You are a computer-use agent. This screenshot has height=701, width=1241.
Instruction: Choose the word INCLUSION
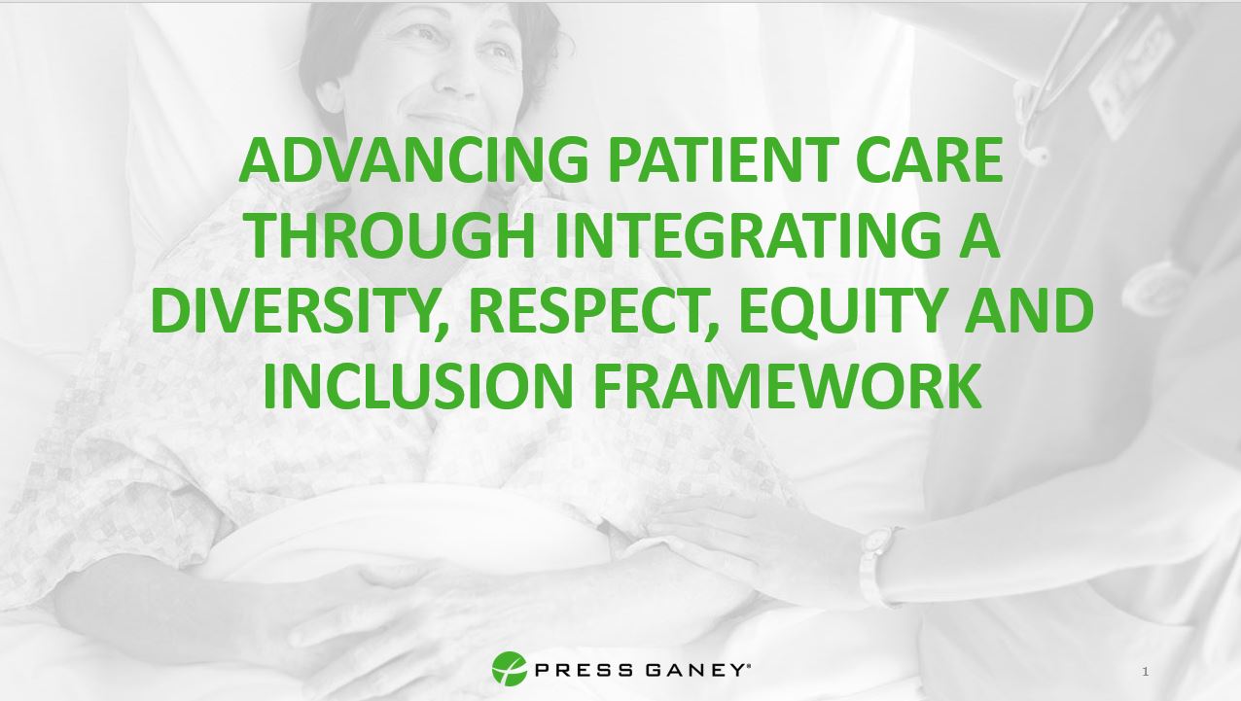415,386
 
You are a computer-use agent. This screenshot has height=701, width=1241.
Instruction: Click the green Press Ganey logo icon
509,669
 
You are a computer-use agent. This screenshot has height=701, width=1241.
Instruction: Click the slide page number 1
1146,672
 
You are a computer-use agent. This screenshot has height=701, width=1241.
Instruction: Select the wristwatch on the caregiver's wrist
876,564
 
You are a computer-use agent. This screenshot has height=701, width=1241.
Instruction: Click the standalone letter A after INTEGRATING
979,236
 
